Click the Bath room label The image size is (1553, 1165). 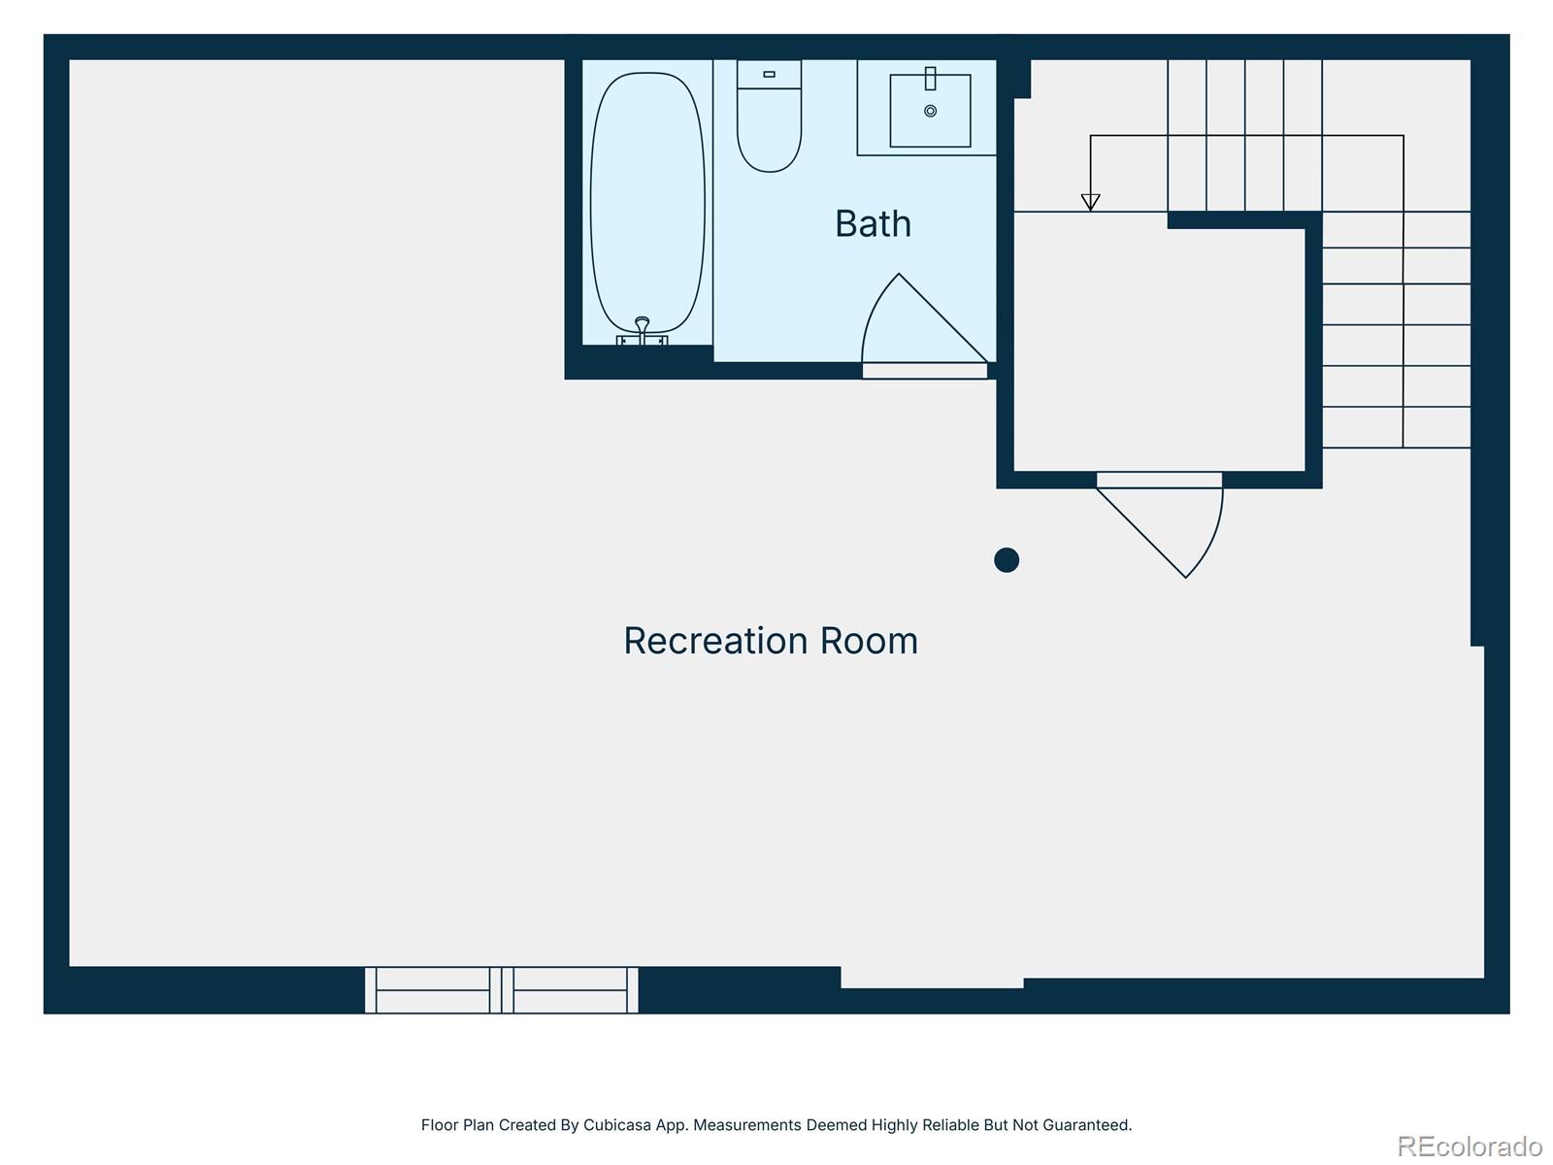(x=873, y=224)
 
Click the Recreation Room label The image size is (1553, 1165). (x=770, y=641)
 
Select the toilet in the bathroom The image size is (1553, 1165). (x=769, y=126)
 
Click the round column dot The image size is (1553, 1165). (x=1007, y=560)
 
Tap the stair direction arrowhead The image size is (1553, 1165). (x=1090, y=202)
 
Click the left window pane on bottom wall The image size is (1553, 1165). (x=433, y=990)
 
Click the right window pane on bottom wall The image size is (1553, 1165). (x=570, y=990)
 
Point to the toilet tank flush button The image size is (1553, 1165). (x=769, y=74)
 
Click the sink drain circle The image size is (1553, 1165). (x=930, y=112)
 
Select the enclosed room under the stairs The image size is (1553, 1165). (x=1159, y=349)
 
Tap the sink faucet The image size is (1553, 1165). (x=930, y=79)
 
